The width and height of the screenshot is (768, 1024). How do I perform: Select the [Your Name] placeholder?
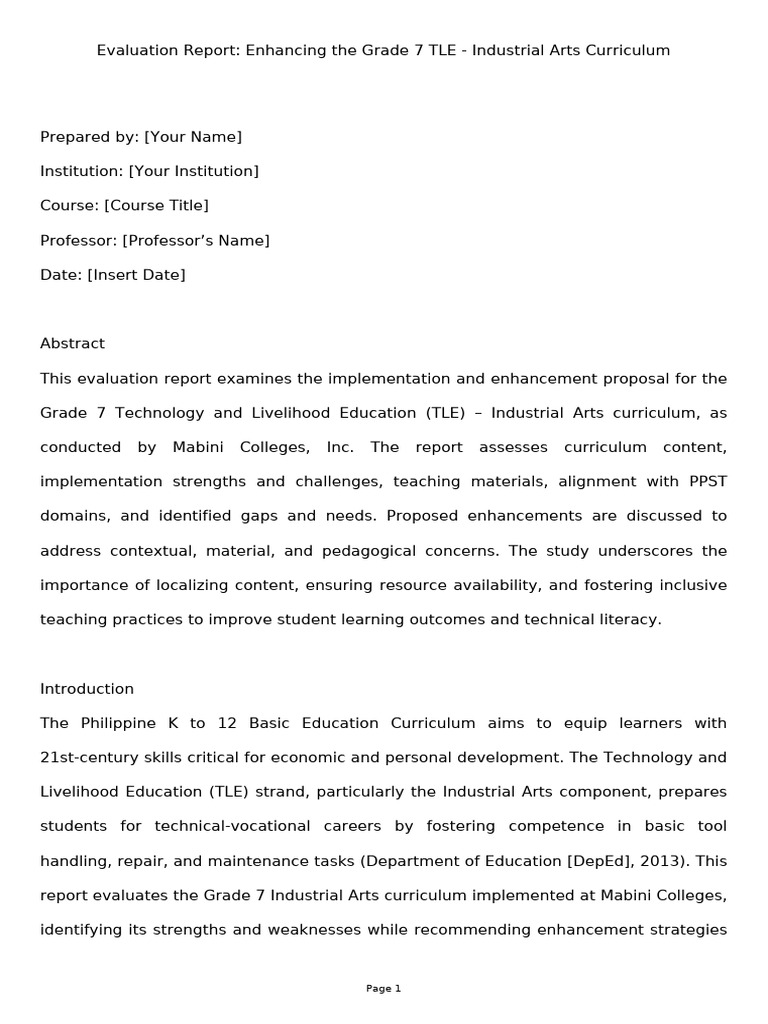tap(193, 137)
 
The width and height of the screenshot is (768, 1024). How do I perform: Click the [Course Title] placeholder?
tap(156, 205)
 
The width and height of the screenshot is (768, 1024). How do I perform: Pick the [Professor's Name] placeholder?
tap(196, 240)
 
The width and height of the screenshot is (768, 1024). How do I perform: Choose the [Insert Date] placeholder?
tap(136, 274)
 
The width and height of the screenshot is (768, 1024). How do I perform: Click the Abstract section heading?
tap(72, 343)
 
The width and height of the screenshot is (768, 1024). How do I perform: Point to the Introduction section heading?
tap(87, 688)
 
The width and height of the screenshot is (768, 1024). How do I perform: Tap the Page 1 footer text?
tap(383, 988)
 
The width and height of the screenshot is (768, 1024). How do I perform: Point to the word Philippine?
tap(112, 723)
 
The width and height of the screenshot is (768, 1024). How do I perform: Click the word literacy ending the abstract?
tap(627, 619)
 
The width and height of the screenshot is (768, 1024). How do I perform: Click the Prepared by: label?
tap(89, 137)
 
